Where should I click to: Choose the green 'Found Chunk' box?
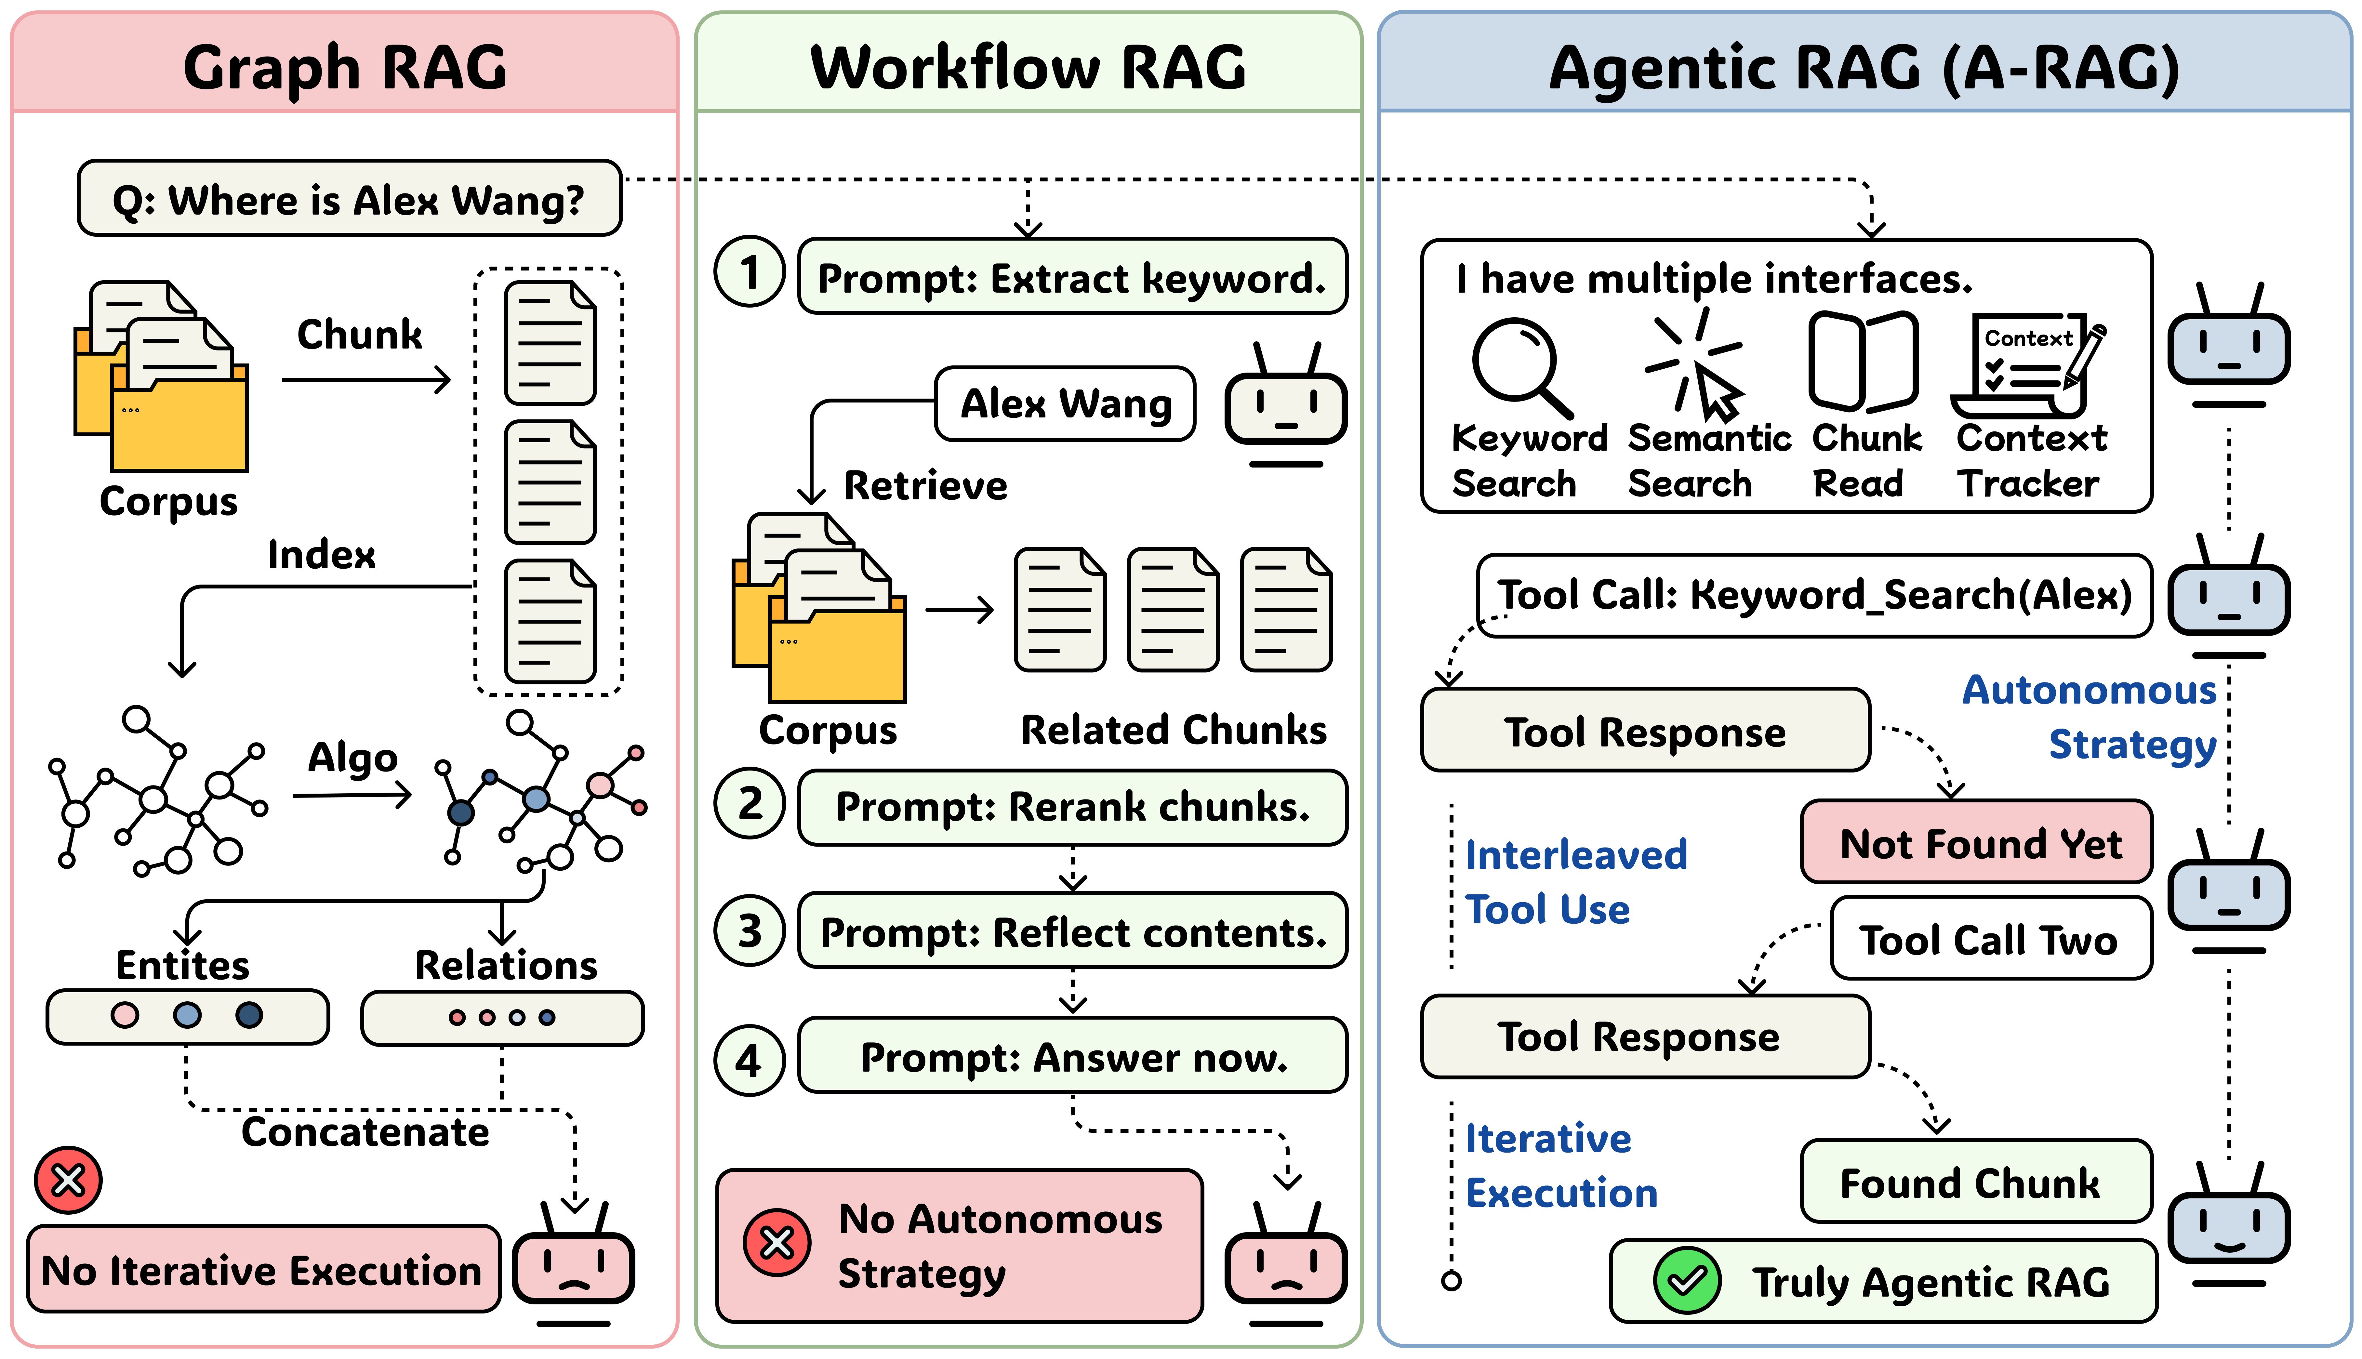click(x=1976, y=1182)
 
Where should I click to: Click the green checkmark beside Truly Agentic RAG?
click(x=1686, y=1281)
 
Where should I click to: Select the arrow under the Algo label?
click(x=352, y=795)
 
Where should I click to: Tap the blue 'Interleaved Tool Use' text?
click(x=1575, y=881)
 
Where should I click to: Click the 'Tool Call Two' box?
click(x=1991, y=939)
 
